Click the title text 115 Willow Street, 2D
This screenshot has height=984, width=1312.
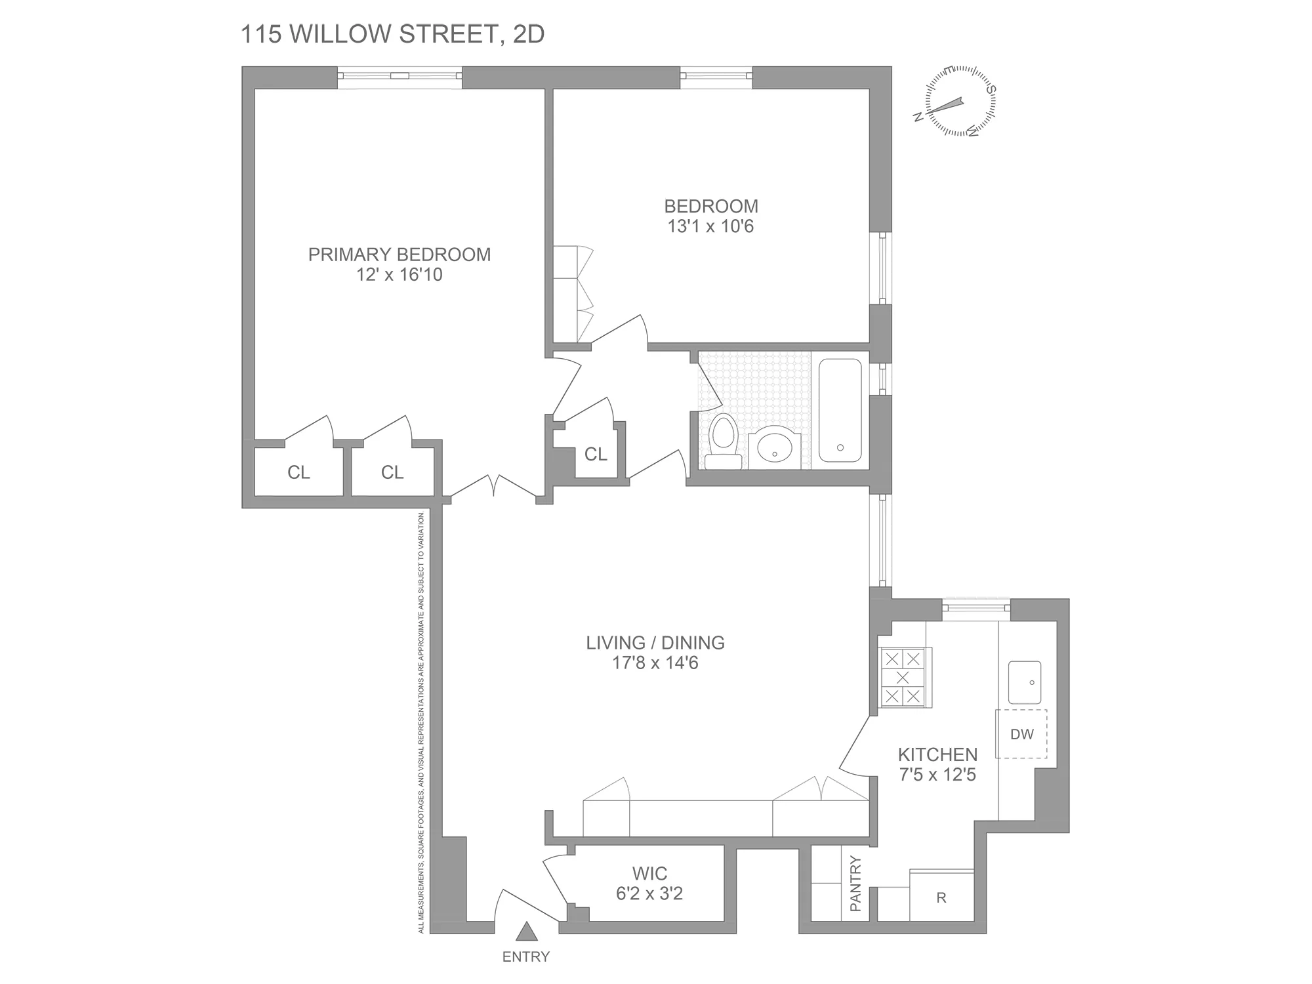click(x=392, y=34)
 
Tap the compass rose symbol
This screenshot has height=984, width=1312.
click(x=960, y=102)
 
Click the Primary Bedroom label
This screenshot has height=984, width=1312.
click(x=399, y=255)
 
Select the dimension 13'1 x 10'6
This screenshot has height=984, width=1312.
click(x=711, y=227)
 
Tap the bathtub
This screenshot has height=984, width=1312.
click(x=840, y=410)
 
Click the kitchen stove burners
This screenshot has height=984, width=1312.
click(x=903, y=678)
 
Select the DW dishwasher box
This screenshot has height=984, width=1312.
click(x=1021, y=734)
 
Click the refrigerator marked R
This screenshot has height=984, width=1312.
click(x=941, y=898)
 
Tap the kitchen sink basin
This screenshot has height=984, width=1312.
click(x=1025, y=682)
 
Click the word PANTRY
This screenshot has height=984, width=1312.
click(x=855, y=884)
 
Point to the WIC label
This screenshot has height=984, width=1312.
click(x=649, y=874)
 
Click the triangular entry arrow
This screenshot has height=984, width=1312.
click(x=526, y=932)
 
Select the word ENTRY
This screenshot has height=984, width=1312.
click(x=525, y=957)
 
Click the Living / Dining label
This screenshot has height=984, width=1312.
click(x=655, y=643)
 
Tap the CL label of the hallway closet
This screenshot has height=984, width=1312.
click(x=596, y=454)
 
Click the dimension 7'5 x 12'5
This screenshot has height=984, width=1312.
click(x=937, y=775)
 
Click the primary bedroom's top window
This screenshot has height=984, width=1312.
click(x=400, y=76)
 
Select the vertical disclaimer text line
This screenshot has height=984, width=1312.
click(x=422, y=722)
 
